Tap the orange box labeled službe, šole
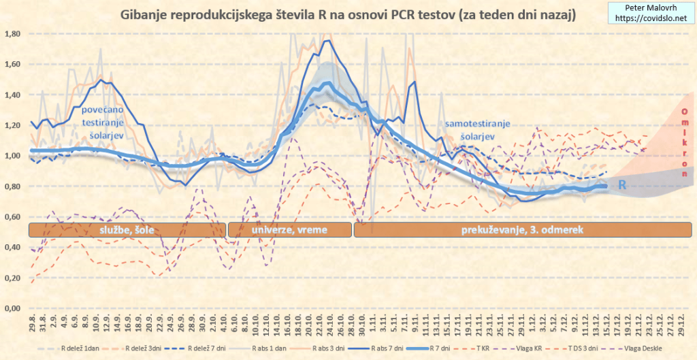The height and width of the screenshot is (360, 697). (x=127, y=230)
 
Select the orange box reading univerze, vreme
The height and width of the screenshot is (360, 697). (x=289, y=230)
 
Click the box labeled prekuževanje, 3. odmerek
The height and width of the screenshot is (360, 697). (x=523, y=230)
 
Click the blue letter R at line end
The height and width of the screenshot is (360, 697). (x=622, y=185)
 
